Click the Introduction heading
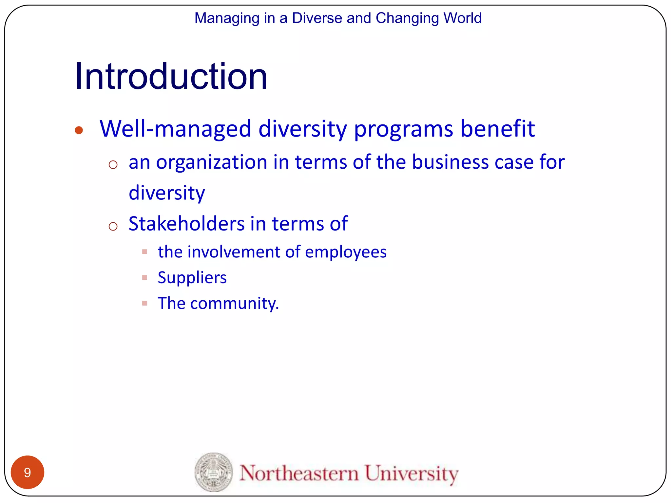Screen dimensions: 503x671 click(x=171, y=77)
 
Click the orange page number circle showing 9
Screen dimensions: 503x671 click(x=28, y=472)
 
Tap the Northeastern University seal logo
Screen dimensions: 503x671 click(x=214, y=472)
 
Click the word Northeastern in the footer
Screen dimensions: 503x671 click(x=299, y=473)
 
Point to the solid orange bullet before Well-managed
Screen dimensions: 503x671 click(x=79, y=130)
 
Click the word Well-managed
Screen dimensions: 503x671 click(x=175, y=128)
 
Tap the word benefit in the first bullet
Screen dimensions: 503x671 click(x=497, y=128)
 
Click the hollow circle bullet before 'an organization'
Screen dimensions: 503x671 click(x=113, y=164)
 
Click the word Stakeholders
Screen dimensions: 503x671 click(x=186, y=224)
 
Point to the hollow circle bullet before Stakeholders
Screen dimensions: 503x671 click(x=113, y=226)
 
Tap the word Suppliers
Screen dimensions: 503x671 click(x=192, y=278)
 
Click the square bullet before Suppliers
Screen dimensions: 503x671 click(x=144, y=278)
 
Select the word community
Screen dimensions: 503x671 click(x=234, y=303)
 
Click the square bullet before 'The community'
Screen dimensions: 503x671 click(x=144, y=303)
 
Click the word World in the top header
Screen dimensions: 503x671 click(x=462, y=18)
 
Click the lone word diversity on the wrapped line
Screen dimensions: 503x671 click(x=167, y=193)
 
